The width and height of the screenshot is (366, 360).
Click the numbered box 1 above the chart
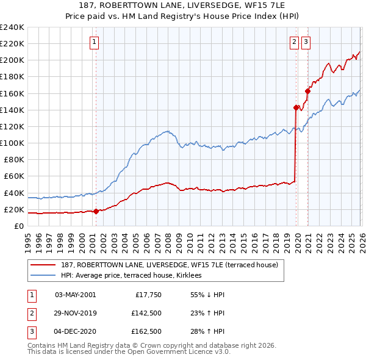click(x=96, y=42)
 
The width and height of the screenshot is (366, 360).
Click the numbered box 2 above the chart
click(x=294, y=42)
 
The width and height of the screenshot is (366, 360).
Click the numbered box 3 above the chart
click(x=306, y=42)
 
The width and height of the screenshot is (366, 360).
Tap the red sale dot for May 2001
click(x=96, y=212)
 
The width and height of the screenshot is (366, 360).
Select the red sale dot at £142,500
click(x=296, y=107)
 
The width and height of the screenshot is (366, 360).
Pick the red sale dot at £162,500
click(x=308, y=91)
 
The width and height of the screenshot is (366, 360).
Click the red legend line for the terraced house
click(x=44, y=265)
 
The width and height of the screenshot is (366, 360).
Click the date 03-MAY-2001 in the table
click(x=76, y=295)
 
